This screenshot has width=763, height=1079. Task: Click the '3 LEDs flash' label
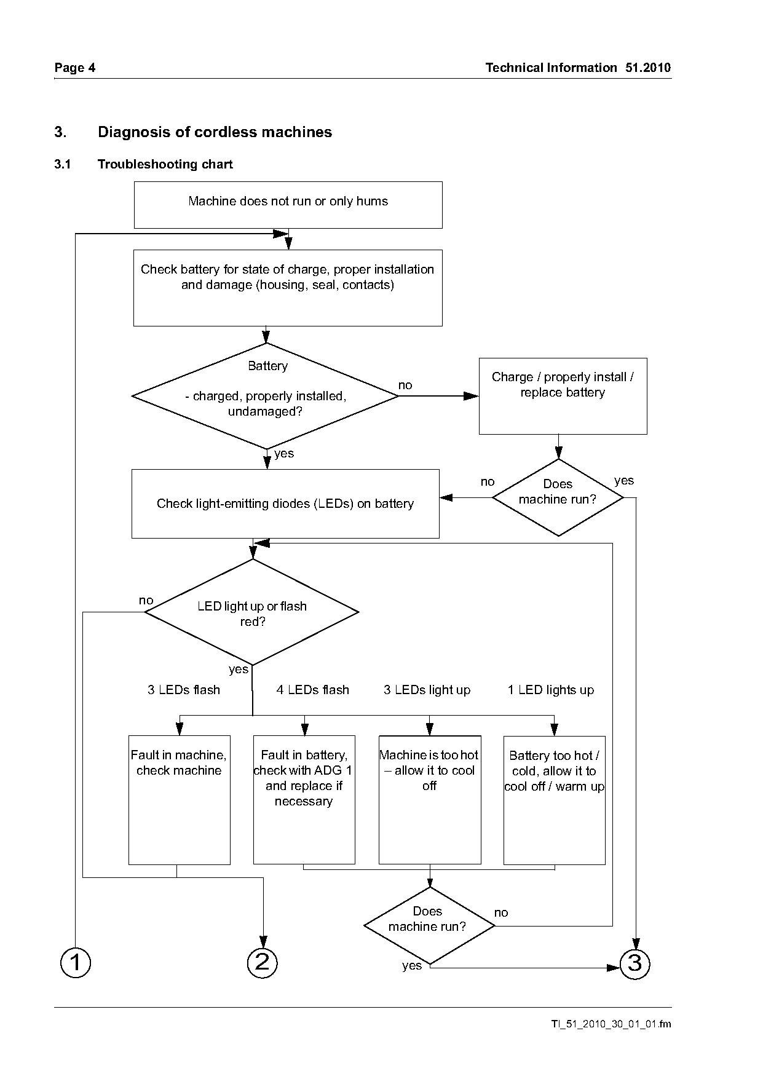click(184, 690)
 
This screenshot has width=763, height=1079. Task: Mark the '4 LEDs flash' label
click(312, 690)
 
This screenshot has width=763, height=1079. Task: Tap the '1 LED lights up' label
click(551, 690)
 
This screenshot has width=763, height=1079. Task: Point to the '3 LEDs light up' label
click(427, 690)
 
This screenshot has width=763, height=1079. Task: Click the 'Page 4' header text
click(75, 68)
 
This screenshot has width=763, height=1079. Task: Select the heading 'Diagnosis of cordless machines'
click(215, 132)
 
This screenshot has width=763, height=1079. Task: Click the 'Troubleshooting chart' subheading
click(165, 164)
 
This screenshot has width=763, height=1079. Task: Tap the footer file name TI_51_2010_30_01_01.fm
click(611, 1024)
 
